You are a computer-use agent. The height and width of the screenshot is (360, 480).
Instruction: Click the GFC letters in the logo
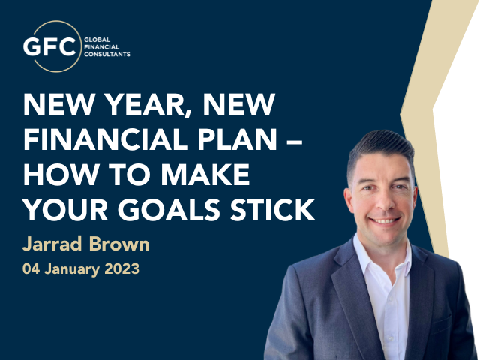(49, 46)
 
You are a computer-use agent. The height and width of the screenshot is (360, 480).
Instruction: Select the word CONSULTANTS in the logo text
(107, 55)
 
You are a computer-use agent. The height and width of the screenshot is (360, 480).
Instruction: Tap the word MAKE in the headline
(205, 175)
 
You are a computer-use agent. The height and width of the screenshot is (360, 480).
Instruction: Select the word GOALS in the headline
(169, 210)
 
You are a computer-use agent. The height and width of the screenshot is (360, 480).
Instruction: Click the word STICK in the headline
(272, 210)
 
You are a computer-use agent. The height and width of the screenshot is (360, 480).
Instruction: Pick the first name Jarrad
(52, 244)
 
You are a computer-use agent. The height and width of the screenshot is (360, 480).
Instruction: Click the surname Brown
(119, 244)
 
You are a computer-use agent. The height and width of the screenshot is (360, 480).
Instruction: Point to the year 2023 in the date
(121, 268)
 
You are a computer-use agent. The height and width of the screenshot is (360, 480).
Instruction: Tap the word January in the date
(72, 269)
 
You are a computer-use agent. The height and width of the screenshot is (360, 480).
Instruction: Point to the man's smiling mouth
(385, 220)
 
